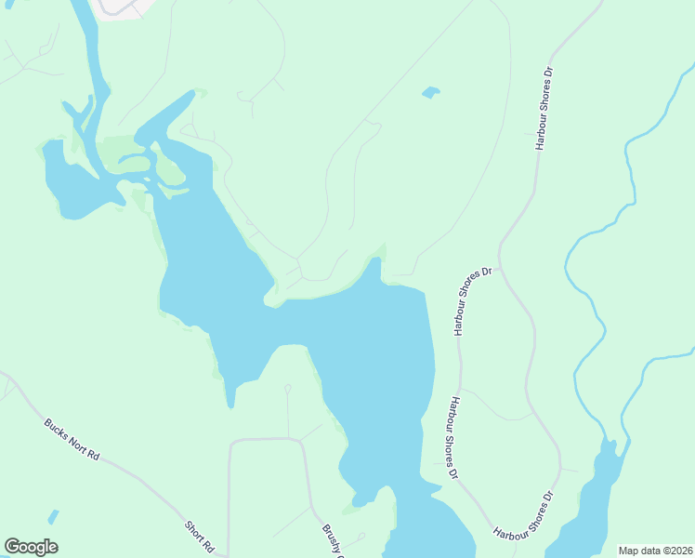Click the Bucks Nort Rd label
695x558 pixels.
click(72, 440)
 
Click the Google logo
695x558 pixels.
click(31, 547)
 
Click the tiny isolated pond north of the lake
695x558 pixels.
click(430, 92)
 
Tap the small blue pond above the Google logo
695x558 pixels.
click(53, 516)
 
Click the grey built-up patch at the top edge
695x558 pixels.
click(122, 7)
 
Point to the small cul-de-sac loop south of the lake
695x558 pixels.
click(287, 388)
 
